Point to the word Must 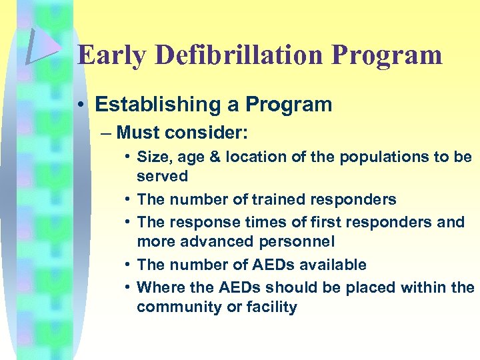pyautogui.click(x=138, y=133)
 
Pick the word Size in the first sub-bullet pyautogui.click(x=152, y=157)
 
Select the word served pyautogui.click(x=163, y=176)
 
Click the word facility pyautogui.click(x=273, y=307)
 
